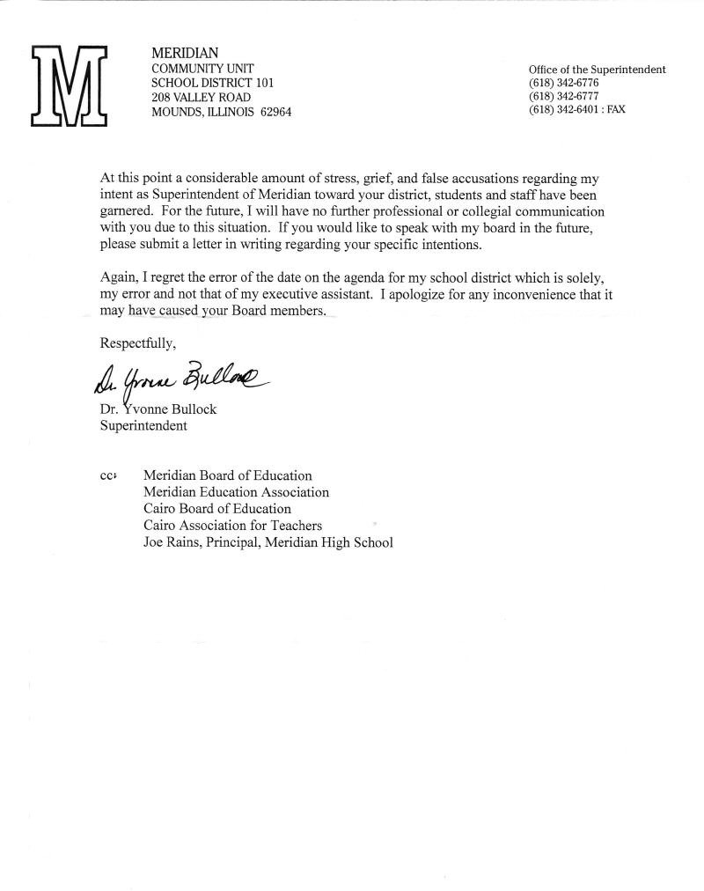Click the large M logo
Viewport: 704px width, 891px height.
(x=69, y=85)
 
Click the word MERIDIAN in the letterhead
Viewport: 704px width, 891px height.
(x=186, y=54)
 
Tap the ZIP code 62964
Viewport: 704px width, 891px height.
(x=275, y=112)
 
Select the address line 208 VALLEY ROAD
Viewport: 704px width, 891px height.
(x=201, y=97)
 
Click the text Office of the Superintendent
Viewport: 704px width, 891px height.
(x=597, y=70)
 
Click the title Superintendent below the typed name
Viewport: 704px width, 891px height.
(x=143, y=426)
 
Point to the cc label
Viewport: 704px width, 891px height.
(x=108, y=476)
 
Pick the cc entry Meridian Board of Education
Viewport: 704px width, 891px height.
(x=227, y=476)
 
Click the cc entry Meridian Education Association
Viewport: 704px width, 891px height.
(x=236, y=492)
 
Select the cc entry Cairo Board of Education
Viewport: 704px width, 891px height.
(x=216, y=509)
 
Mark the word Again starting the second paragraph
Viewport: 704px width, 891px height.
(x=120, y=278)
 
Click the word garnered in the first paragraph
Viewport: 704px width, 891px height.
(x=127, y=212)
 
